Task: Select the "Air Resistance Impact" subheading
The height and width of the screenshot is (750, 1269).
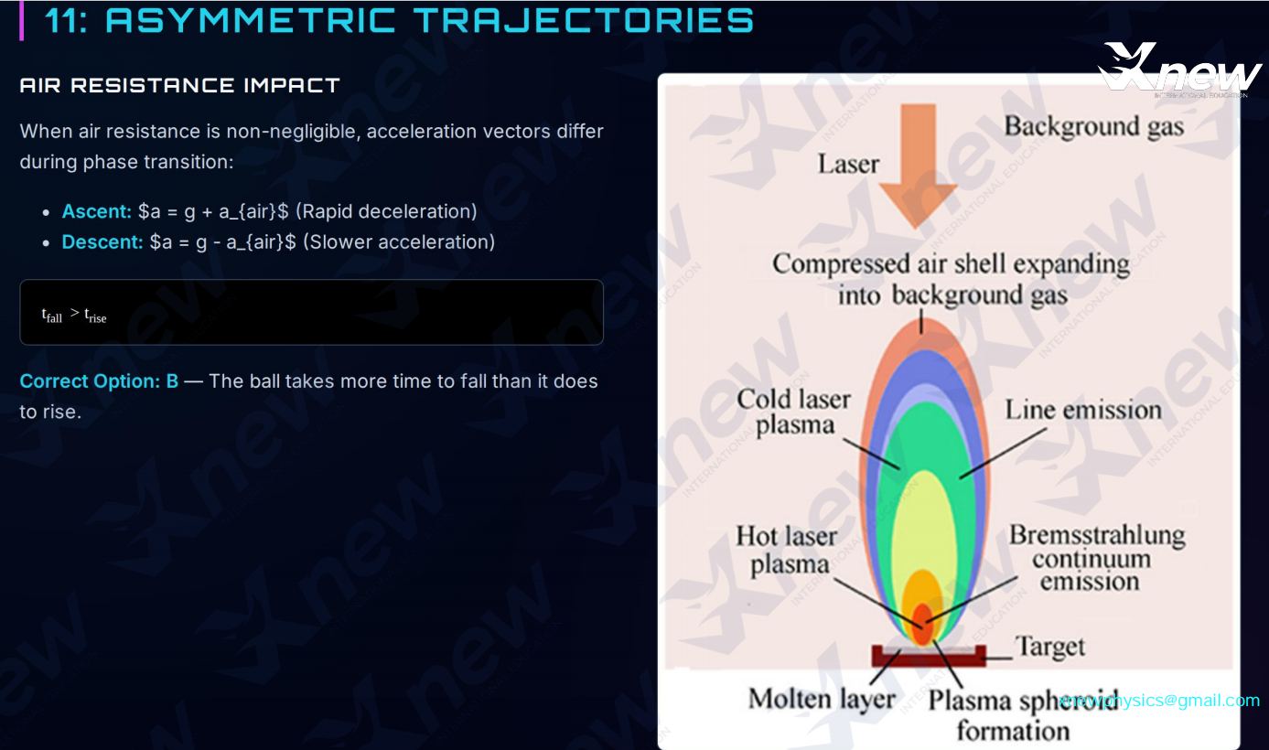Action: click(179, 85)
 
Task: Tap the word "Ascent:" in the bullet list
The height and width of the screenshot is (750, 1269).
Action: click(97, 211)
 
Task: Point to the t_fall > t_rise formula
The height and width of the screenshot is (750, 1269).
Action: click(74, 315)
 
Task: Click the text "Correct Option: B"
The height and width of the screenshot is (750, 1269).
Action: click(99, 381)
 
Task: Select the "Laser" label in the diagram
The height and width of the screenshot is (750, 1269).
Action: click(847, 165)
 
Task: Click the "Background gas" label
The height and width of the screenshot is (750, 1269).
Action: click(1093, 126)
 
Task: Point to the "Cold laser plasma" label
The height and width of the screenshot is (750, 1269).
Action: click(793, 412)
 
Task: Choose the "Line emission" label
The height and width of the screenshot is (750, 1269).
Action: click(1083, 411)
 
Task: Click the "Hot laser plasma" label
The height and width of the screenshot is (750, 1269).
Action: click(787, 551)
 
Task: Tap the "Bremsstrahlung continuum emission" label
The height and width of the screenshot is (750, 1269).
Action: click(1095, 558)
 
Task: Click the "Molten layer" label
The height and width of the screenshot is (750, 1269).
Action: click(821, 700)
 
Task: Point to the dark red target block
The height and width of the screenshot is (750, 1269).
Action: click(929, 656)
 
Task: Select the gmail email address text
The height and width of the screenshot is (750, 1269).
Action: click(1159, 701)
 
